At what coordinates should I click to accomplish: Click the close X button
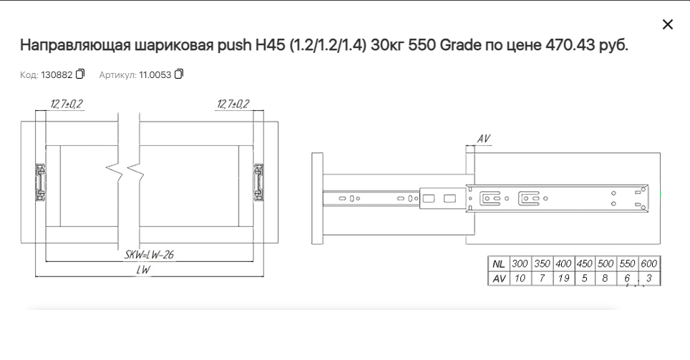(668, 24)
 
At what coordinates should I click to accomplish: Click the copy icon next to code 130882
(79, 74)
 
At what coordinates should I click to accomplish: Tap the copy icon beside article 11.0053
(179, 74)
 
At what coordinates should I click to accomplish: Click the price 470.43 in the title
(570, 45)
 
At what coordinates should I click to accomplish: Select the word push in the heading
(234, 45)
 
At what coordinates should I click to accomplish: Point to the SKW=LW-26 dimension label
(149, 254)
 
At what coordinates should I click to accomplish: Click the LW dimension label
(143, 270)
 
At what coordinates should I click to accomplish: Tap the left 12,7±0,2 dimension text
(67, 104)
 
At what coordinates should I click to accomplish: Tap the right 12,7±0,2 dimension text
(233, 104)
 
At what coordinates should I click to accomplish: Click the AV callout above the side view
(484, 139)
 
